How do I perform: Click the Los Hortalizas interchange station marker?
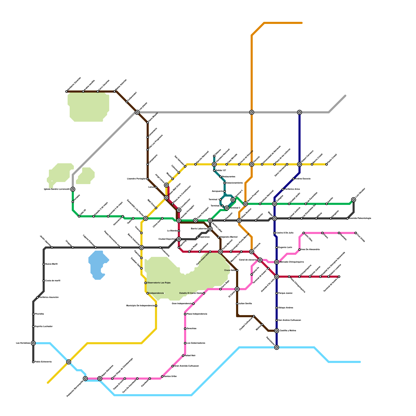tap(33, 343)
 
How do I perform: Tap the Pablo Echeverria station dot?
tap(33, 362)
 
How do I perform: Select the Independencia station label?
tap(157, 293)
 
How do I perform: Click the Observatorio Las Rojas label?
tap(159, 283)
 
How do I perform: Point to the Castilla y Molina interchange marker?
tap(277, 331)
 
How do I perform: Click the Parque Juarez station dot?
tap(277, 293)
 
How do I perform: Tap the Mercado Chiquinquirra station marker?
tap(277, 262)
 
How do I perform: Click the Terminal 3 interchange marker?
tap(227, 208)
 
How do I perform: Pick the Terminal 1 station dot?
tap(220, 200)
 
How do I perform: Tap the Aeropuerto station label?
tap(218, 191)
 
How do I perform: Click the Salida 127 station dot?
tap(214, 171)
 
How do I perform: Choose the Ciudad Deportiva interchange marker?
tap(179, 239)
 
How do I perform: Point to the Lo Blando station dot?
tap(179, 231)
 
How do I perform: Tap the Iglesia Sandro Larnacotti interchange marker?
tap(73, 189)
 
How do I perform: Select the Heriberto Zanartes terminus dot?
tap(67, 92)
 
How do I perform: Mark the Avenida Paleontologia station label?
tap(360, 218)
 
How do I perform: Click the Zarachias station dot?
tap(185, 329)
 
